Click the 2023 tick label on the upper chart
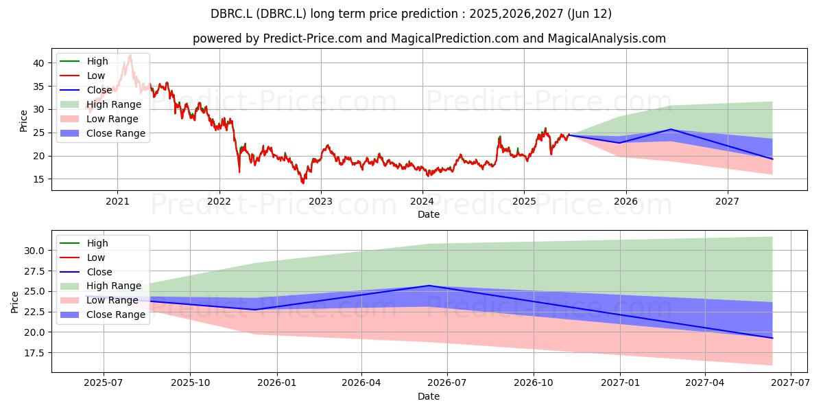(x=321, y=202)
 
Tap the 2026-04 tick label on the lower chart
(x=361, y=383)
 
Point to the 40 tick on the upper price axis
(x=38, y=63)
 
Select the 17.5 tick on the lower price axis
(x=34, y=353)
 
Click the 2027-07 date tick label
(x=790, y=383)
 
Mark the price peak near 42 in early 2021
(x=130, y=55)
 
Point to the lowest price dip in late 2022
(x=303, y=183)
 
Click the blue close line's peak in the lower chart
(x=429, y=286)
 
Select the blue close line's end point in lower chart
(x=772, y=338)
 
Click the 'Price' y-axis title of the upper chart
(x=23, y=121)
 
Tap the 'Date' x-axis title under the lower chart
(x=429, y=396)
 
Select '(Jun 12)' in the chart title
(x=589, y=14)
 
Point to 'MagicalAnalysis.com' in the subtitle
(x=606, y=38)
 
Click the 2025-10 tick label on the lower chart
(x=191, y=383)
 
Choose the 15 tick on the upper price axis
(x=38, y=179)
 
